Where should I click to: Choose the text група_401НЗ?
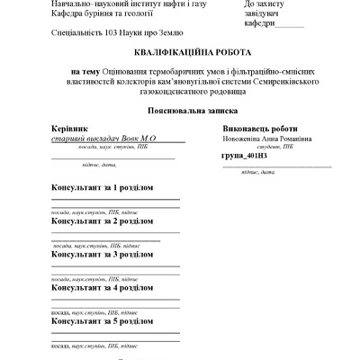[243, 156]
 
